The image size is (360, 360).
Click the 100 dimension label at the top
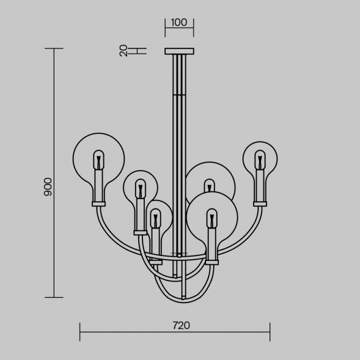179,23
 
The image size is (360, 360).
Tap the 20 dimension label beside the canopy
123,51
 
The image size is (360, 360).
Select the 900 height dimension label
48,186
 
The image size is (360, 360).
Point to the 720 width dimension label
182,325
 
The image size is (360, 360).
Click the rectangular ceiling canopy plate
179,51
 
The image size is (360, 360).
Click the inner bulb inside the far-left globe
98,160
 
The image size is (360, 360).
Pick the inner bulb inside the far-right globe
260,160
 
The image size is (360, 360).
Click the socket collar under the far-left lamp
99,204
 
